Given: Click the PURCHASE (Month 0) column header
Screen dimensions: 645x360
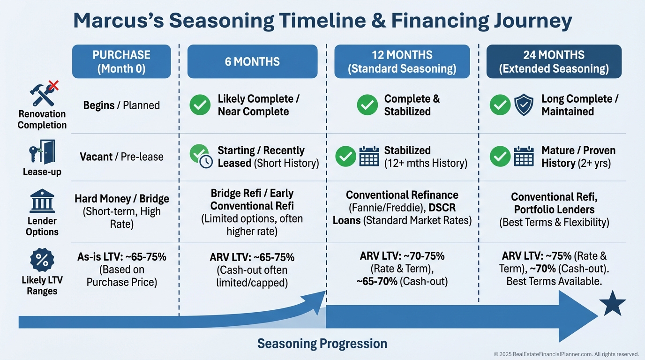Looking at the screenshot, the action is pos(121,61).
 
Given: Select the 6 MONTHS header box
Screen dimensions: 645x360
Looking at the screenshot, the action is pos(252,61).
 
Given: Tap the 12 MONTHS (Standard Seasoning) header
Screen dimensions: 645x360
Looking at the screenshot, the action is pos(402,61).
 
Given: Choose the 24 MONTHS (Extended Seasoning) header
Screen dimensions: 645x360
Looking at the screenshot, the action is pos(554,61).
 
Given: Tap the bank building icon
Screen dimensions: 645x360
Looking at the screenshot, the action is pos(42,201).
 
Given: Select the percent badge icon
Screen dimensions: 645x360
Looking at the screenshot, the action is pos(42,260).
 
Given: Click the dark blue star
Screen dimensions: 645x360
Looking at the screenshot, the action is pos(613,304).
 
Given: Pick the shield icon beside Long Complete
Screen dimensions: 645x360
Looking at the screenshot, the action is pos(524,105).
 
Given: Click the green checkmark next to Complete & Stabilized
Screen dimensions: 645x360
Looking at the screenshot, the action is pos(367,105).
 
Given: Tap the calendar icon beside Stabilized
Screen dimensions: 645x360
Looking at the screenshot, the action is pos(369,156).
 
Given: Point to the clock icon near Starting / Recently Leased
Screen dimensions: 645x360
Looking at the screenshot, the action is pos(206,162).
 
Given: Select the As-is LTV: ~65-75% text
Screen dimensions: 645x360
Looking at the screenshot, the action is pos(122,256).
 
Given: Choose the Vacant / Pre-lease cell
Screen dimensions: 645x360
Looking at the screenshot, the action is pos(121,157).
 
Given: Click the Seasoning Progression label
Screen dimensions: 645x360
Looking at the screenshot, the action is pos(322,344).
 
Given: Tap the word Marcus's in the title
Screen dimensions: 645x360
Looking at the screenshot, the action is pos(119,20).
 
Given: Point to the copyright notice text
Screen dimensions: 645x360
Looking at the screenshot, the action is pos(566,354).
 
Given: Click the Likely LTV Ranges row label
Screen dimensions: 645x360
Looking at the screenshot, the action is pos(42,285).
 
